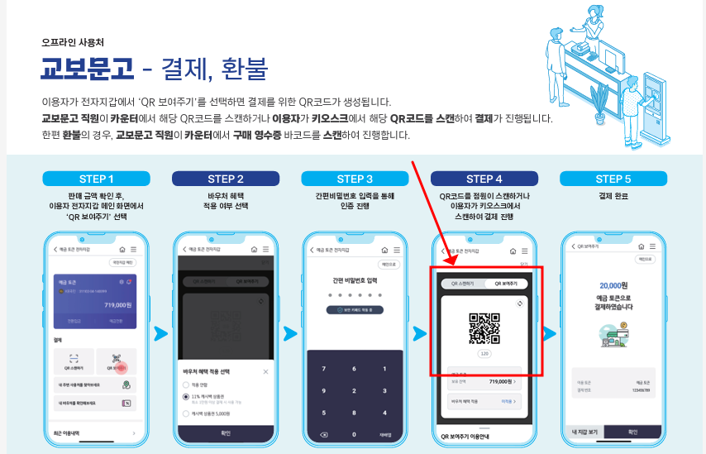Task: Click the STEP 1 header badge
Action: (x=97, y=179)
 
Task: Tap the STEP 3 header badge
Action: (x=355, y=179)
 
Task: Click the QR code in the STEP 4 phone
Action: (x=484, y=328)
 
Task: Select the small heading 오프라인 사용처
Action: (x=73, y=42)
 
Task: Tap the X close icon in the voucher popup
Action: (x=265, y=372)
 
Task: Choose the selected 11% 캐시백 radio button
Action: (x=185, y=397)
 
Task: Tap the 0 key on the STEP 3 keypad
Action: (x=354, y=433)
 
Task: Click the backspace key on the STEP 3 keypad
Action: (x=323, y=433)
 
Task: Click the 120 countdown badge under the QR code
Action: (x=484, y=353)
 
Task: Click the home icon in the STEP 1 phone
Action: (x=122, y=249)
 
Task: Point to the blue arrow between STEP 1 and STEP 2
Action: (x=160, y=334)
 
